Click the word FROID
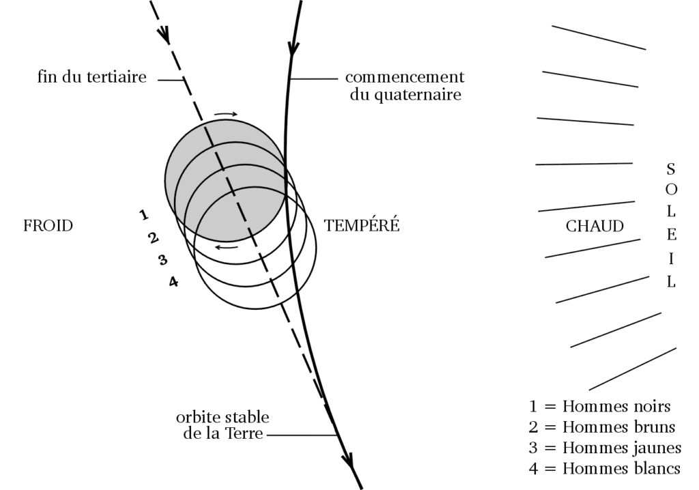click(x=48, y=226)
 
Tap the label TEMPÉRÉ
click(x=361, y=226)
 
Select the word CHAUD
click(x=595, y=226)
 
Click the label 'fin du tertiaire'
click(x=91, y=77)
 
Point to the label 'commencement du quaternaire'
click(x=404, y=86)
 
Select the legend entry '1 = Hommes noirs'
click(x=599, y=407)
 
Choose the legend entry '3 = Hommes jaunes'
click(x=605, y=448)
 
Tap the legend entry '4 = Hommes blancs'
click(x=605, y=468)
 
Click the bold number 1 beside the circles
click(x=143, y=216)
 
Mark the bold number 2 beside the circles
click(x=153, y=238)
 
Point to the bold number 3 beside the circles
click(x=162, y=259)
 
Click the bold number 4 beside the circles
click(x=173, y=280)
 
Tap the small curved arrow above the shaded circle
click(x=225, y=114)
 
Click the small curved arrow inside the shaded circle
click(x=227, y=246)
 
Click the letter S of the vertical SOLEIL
click(x=671, y=167)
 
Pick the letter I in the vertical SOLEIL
click(x=671, y=259)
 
